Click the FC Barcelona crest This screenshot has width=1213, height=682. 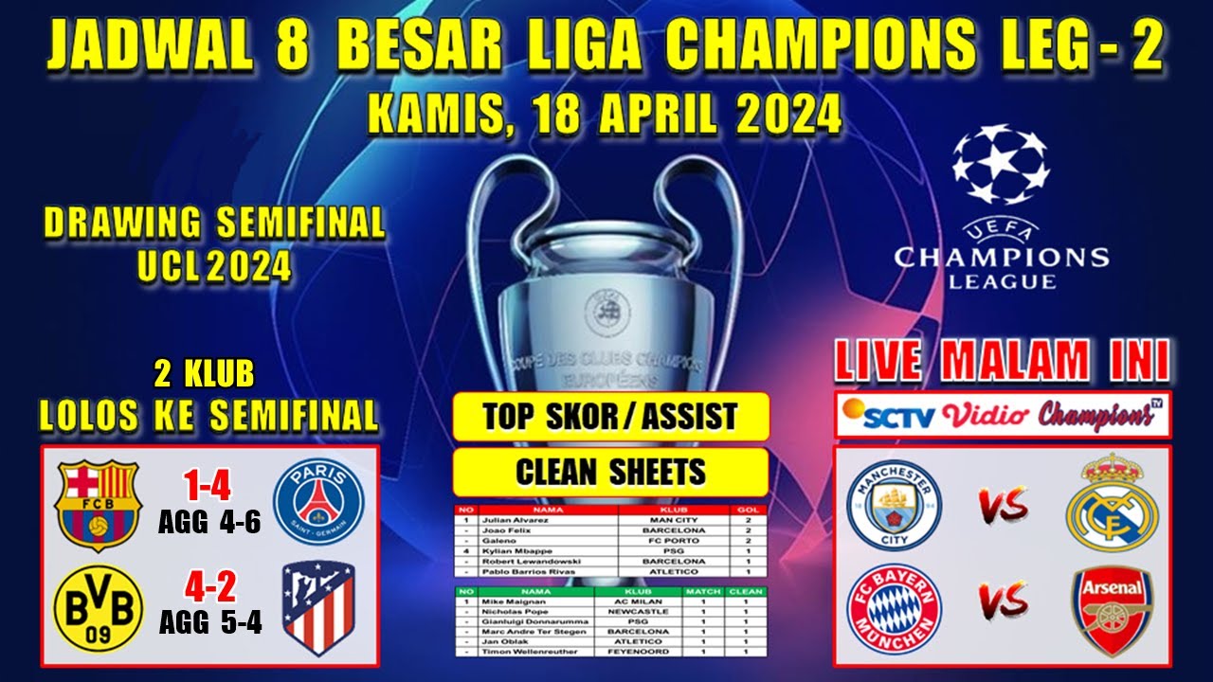point(98,504)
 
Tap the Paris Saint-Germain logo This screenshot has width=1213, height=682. point(317,503)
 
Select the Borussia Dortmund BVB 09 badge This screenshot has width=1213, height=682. point(99,608)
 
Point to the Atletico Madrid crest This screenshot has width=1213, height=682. point(318,609)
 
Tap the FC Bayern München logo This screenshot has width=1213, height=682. point(894,610)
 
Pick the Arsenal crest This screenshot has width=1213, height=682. point(1112,610)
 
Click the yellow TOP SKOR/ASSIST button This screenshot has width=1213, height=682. point(610,417)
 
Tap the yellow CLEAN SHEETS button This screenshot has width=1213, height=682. point(610,471)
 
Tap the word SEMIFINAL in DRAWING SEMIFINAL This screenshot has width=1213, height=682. point(300,224)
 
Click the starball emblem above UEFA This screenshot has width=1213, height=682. point(1001,167)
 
